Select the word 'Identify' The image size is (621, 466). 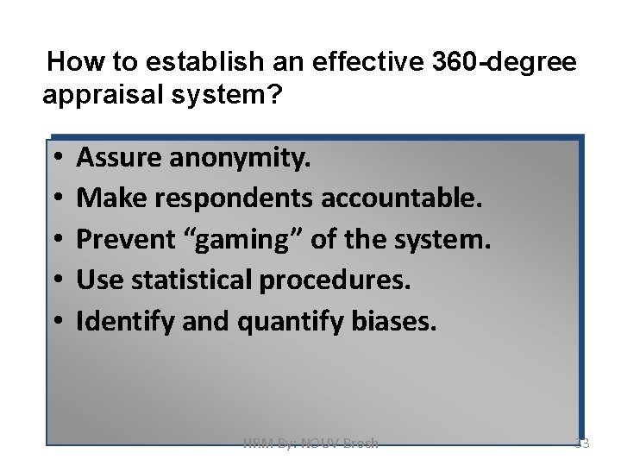[116, 323]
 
